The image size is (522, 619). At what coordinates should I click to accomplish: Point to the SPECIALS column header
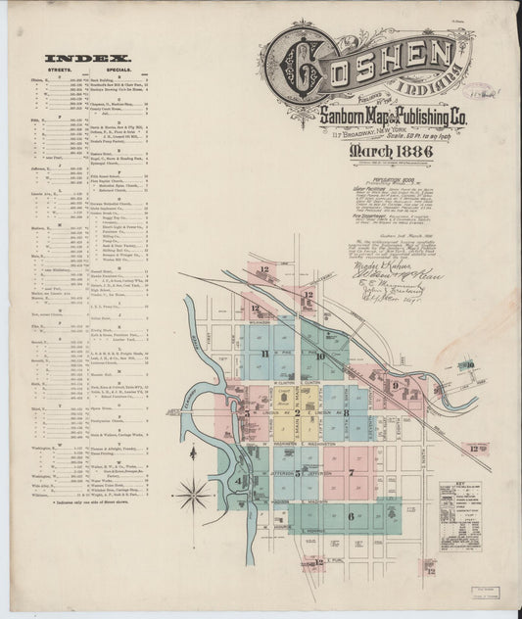124,71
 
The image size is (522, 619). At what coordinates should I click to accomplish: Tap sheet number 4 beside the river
238,480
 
